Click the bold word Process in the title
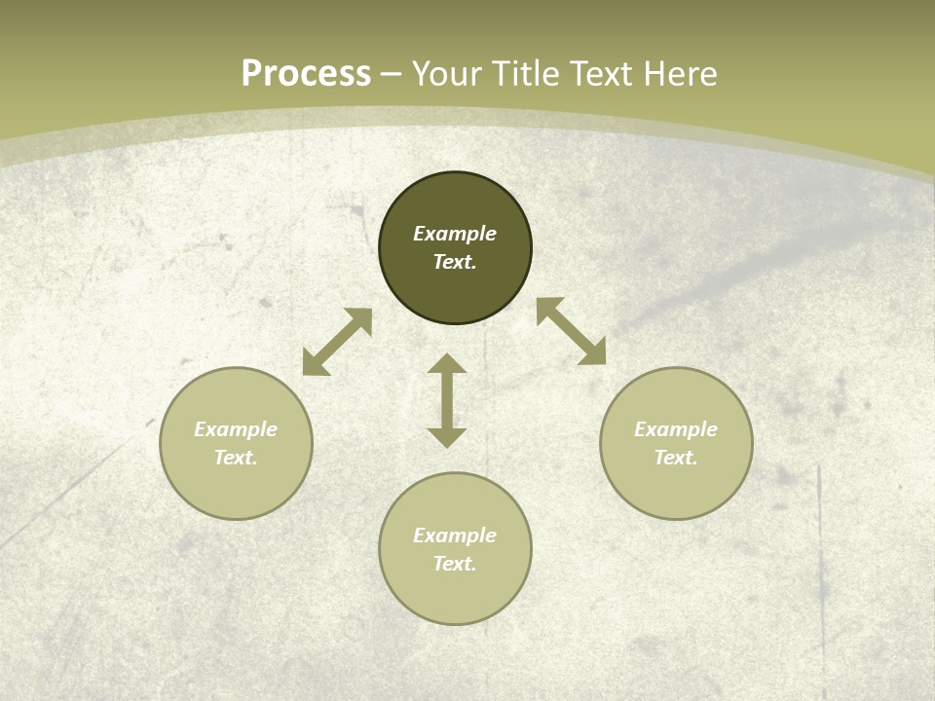point(306,74)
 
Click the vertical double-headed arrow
point(447,400)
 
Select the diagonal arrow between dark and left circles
point(337,342)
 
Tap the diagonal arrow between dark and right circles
point(572,331)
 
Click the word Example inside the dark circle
point(455,234)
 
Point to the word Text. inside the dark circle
point(455,262)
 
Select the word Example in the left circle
point(236,429)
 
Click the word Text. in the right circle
point(676,458)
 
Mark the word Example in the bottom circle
point(455,535)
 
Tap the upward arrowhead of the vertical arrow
point(447,364)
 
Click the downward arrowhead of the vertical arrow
point(447,437)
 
